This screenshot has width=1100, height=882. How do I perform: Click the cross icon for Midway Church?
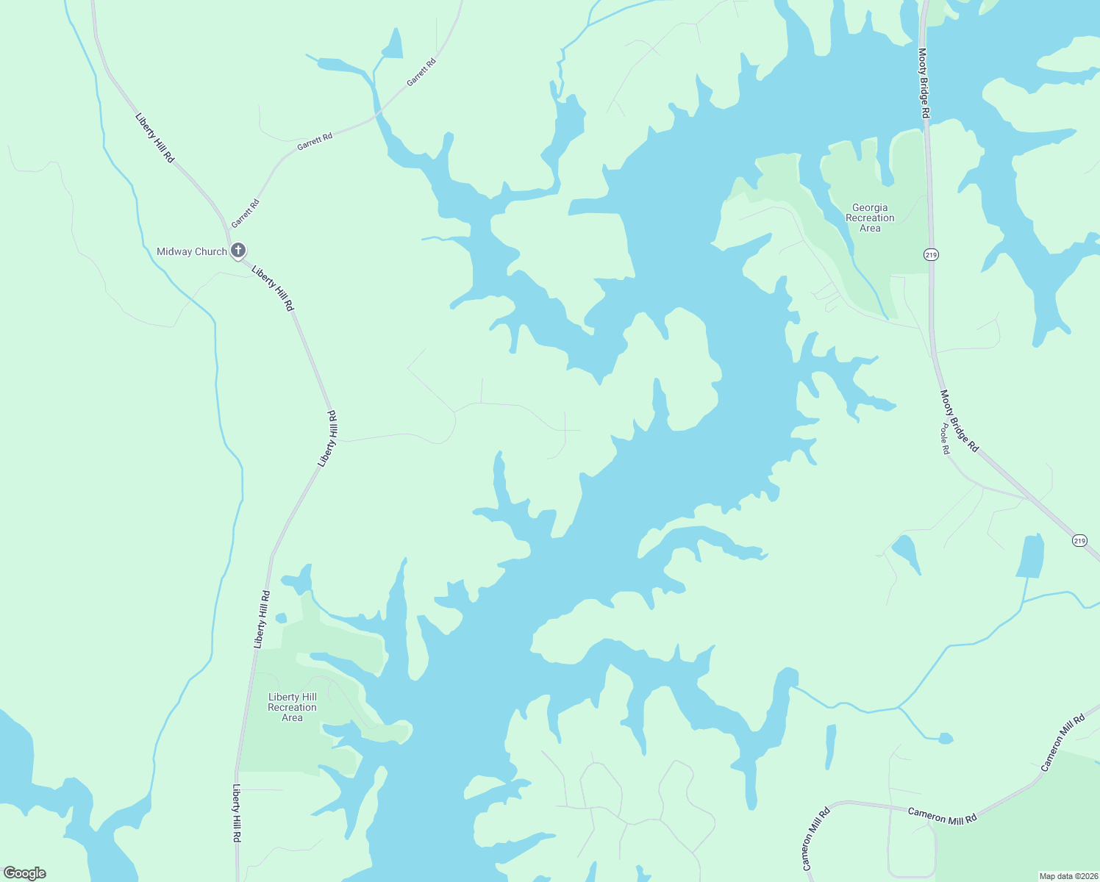coord(238,251)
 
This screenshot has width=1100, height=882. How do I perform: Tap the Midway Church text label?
coord(192,251)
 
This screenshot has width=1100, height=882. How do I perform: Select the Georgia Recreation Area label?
coord(870,218)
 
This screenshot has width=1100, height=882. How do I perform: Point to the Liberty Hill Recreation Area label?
coord(292,707)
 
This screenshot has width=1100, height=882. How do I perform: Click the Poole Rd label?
coord(946,439)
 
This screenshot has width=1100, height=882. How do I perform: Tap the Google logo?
coord(25,873)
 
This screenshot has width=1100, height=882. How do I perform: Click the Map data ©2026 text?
coord(1068,876)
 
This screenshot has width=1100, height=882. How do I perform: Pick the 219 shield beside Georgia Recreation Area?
coord(931,254)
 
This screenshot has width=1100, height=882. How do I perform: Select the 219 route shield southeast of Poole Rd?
coord(1079,540)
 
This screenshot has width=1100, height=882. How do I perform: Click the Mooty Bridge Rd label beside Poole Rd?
coord(960,420)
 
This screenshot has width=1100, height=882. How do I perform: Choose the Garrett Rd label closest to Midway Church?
coord(246,212)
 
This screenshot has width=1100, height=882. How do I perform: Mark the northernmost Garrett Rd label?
coord(422,72)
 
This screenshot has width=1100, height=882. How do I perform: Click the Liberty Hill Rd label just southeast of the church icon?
coord(273,288)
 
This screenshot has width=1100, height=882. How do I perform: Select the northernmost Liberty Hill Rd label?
coord(154,137)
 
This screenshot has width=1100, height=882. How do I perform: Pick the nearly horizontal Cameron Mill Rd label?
coord(942,816)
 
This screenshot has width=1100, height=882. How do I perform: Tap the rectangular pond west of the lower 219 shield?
coord(1030,556)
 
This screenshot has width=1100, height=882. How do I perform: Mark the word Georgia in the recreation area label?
coord(870,207)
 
